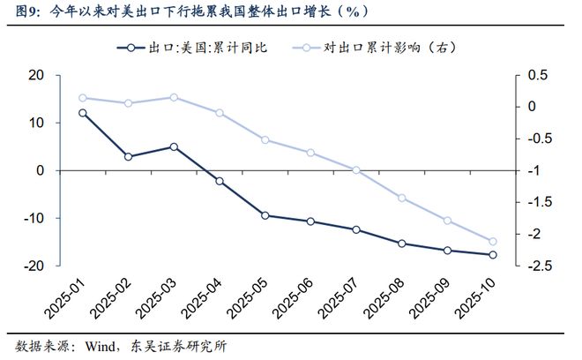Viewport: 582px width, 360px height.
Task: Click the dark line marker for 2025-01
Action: click(x=83, y=113)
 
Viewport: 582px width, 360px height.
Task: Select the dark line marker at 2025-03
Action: click(x=174, y=146)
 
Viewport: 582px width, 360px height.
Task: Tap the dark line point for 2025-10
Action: click(x=493, y=255)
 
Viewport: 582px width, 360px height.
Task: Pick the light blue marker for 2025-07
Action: click(x=356, y=170)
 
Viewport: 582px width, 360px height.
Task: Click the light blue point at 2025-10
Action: click(x=493, y=242)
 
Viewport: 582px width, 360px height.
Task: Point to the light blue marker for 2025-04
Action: click(x=220, y=113)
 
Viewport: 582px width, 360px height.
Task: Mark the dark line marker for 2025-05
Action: click(x=265, y=215)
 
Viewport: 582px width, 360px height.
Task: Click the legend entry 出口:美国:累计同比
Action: click(x=192, y=48)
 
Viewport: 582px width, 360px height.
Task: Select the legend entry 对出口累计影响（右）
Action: click(x=375, y=48)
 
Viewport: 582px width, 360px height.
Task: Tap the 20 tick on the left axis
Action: click(x=36, y=75)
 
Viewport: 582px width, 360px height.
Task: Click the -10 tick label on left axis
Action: click(x=34, y=218)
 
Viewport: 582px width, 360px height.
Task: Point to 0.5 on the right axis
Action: click(x=537, y=75)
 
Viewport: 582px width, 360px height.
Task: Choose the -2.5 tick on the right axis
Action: click(x=540, y=266)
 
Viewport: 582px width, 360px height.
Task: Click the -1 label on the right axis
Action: click(x=533, y=170)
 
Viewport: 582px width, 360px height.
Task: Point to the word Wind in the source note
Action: click(x=100, y=347)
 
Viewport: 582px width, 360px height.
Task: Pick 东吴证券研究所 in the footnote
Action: click(x=178, y=347)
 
